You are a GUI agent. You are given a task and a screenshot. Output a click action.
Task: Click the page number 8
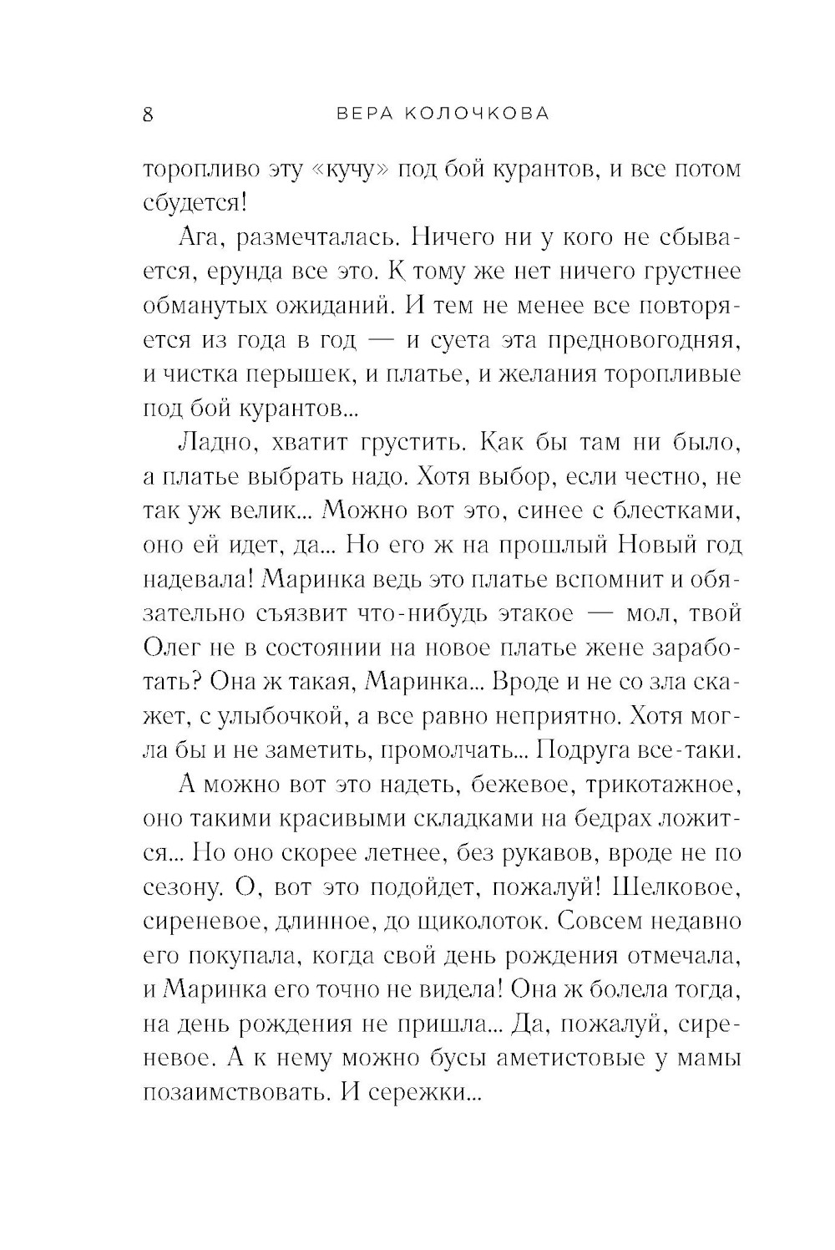point(148,114)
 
